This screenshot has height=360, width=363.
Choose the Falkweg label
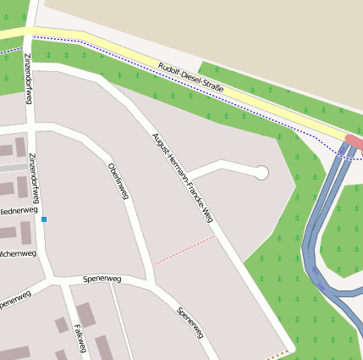(80, 338)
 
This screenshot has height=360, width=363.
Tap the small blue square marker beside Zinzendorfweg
(44, 219)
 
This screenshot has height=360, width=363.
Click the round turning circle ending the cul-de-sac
(261, 173)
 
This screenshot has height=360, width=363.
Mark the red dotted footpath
(184, 251)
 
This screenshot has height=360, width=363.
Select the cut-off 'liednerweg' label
(19, 209)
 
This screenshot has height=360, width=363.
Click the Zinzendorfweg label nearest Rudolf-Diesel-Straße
(28, 79)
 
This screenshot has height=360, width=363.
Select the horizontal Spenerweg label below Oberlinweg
(102, 278)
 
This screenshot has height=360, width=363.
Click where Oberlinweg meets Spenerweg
(152, 280)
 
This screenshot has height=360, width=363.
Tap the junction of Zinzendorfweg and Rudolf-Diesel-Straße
(32, 33)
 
